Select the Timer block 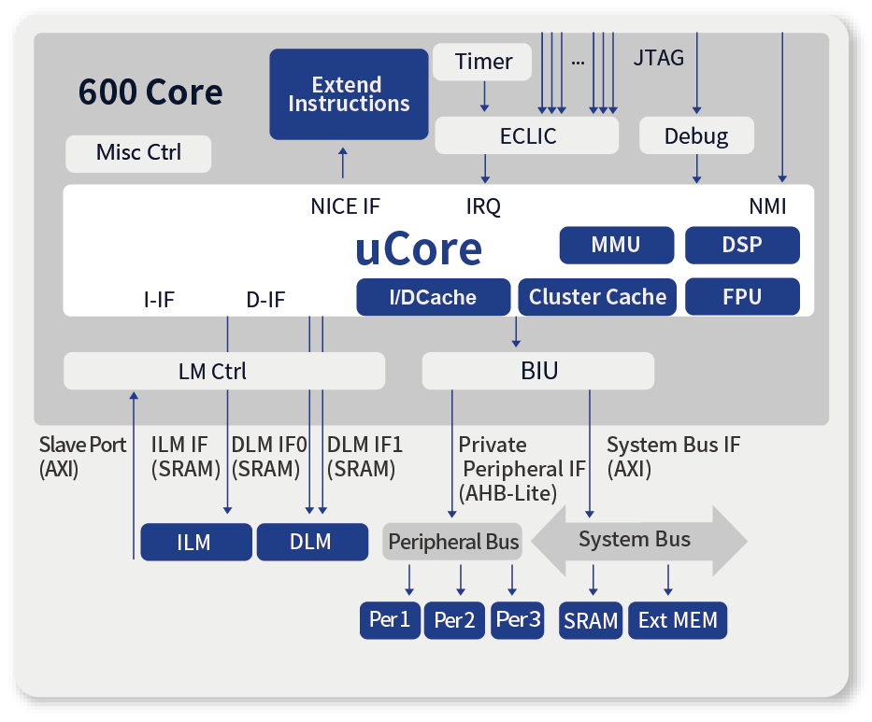(483, 63)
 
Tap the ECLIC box (526, 136)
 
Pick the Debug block (695, 136)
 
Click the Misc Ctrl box (138, 153)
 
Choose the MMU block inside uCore (616, 245)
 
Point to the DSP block (742, 245)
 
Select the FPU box (742, 297)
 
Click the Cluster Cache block (597, 297)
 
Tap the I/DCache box (433, 297)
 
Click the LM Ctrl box (223, 371)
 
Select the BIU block (538, 371)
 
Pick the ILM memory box (195, 542)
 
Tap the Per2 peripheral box (454, 620)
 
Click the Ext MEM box (678, 620)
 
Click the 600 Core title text (150, 92)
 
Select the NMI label (767, 206)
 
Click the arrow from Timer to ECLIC (484, 96)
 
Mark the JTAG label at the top (658, 58)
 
